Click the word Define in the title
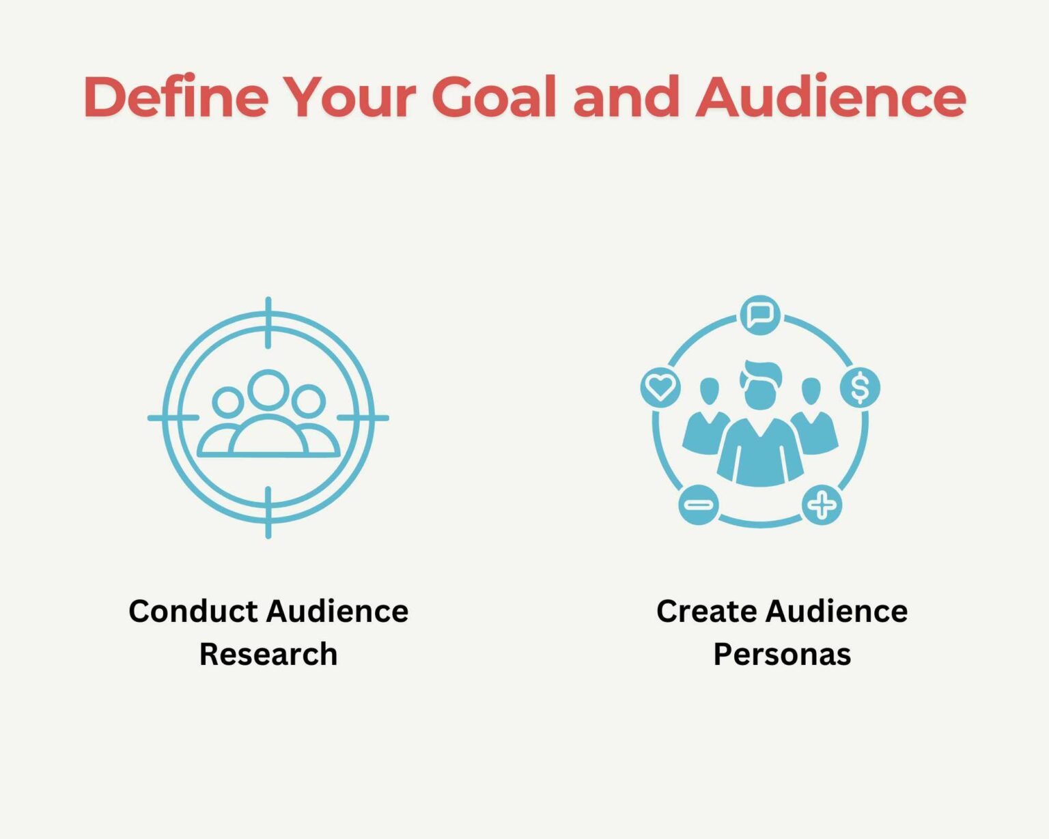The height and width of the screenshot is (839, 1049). click(176, 96)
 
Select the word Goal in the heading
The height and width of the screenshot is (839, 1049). click(494, 96)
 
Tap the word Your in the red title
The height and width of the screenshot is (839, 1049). click(350, 96)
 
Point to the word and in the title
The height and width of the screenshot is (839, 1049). click(626, 96)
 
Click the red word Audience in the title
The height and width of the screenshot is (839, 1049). click(830, 96)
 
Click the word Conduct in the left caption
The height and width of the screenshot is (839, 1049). click(193, 611)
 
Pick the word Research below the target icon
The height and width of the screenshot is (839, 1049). click(268, 654)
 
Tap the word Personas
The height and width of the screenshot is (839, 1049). click(783, 654)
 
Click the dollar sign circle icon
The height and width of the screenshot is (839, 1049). click(860, 388)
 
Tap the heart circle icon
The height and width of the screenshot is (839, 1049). click(660, 388)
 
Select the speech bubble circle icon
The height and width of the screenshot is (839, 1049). click(760, 315)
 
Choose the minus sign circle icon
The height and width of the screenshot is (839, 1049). click(699, 504)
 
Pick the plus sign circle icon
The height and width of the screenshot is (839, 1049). click(822, 504)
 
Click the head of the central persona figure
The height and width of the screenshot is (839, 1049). click(760, 386)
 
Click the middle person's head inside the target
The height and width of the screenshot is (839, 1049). click(268, 389)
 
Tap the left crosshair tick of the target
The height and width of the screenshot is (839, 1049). click(173, 418)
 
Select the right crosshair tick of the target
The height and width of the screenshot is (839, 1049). click(363, 418)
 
